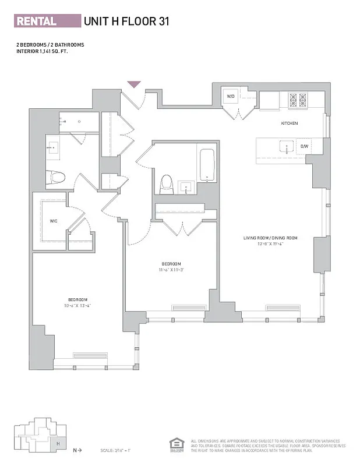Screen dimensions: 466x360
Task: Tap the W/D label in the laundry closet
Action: [230, 96]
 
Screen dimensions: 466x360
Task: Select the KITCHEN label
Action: [290, 123]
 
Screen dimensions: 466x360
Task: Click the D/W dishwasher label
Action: [303, 146]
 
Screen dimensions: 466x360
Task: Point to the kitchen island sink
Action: [286, 146]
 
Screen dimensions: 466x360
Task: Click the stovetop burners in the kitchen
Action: [297, 100]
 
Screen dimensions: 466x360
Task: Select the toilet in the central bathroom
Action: [167, 183]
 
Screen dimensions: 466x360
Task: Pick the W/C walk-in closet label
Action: [54, 221]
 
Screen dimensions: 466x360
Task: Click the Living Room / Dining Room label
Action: [270, 238]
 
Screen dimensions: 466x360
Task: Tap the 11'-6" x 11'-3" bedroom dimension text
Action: [171, 270]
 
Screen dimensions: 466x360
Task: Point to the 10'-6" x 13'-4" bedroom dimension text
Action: [77, 305]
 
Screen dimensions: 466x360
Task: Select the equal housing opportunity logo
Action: [177, 444]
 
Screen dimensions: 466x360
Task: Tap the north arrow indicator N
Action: [74, 450]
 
